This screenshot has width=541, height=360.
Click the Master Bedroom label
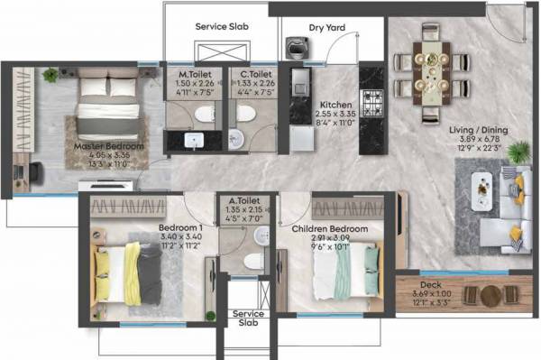pyautogui.click(x=108, y=146)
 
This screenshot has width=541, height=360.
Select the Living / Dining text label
pyautogui.click(x=478, y=129)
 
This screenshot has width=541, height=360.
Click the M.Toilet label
pyautogui.click(x=196, y=75)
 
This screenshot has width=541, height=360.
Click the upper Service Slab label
pyautogui.click(x=222, y=26)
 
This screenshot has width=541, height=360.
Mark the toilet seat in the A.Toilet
pyautogui.click(x=253, y=259)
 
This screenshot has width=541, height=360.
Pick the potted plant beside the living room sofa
pyautogui.click(x=518, y=152)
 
